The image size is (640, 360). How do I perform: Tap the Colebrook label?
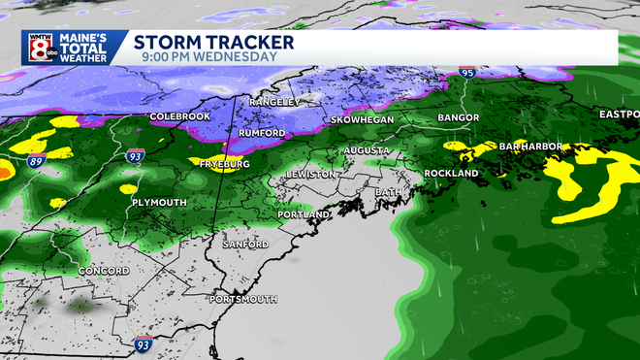coord(179,117)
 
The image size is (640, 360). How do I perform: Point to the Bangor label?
coord(458,117)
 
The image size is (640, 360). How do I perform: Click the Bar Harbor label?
coord(531,147)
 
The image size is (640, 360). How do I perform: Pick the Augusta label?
coord(367,151)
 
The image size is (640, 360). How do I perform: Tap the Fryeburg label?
coord(225,165)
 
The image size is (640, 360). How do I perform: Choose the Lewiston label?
coord(311,174)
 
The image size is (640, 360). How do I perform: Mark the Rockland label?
coord(452,174)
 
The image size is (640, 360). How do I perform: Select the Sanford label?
coord(245,245)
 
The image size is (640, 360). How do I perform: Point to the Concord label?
coord(104,271)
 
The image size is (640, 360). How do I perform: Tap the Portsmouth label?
coord(242,299)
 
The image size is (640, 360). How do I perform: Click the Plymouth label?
coord(158,203)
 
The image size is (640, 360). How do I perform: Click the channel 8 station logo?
coord(39,48)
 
